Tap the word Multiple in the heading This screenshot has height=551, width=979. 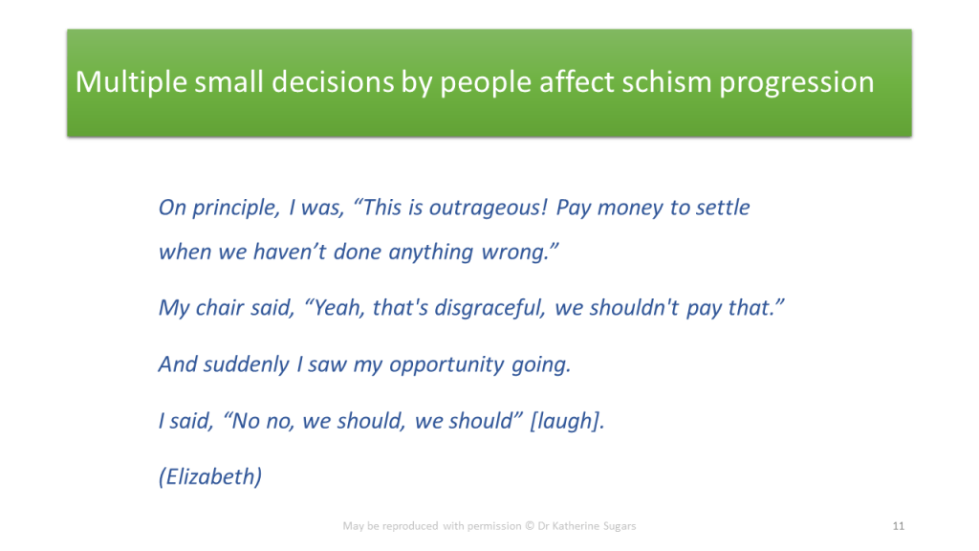click(131, 83)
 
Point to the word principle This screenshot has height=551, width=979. click(236, 208)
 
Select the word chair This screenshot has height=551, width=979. click(219, 307)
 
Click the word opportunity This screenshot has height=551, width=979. click(446, 364)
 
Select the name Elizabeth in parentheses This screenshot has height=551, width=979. click(210, 476)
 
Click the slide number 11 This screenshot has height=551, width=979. click(899, 526)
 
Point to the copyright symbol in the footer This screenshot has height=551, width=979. click(530, 526)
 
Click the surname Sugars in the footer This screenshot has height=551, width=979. click(620, 527)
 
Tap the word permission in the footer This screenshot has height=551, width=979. click(494, 526)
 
